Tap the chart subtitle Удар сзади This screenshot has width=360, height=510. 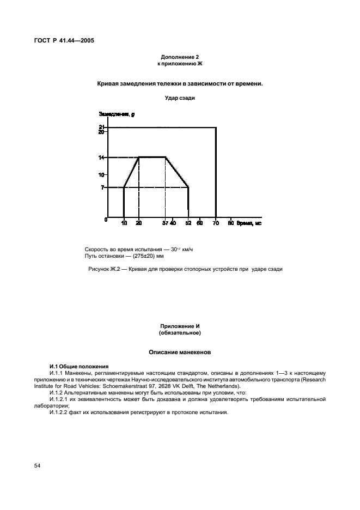pyautogui.click(x=180, y=98)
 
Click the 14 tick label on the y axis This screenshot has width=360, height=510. pyautogui.click(x=101, y=157)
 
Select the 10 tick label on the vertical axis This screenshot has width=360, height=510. pyautogui.click(x=101, y=175)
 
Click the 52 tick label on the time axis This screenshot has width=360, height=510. pyautogui.click(x=188, y=223)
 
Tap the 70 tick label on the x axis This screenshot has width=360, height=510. pyautogui.click(x=216, y=223)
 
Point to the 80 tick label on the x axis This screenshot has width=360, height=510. pyautogui.click(x=231, y=223)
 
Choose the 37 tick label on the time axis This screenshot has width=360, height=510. pyautogui.click(x=164, y=223)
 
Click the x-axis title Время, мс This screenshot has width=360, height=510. pyautogui.click(x=249, y=223)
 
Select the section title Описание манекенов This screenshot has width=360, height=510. pyautogui.click(x=180, y=353)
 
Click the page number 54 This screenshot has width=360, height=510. pyautogui.click(x=38, y=465)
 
